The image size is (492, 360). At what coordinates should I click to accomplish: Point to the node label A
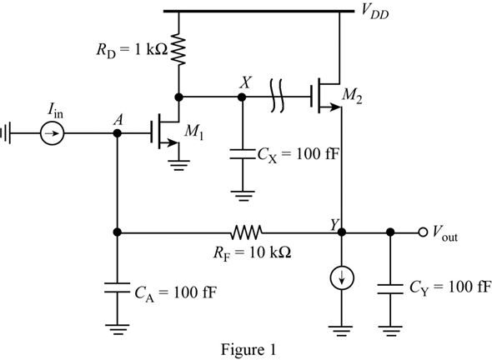coord(118,119)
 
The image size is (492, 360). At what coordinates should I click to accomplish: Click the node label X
coord(244,82)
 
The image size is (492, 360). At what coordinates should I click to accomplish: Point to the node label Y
coord(334,222)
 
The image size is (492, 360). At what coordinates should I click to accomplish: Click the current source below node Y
coord(342,278)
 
